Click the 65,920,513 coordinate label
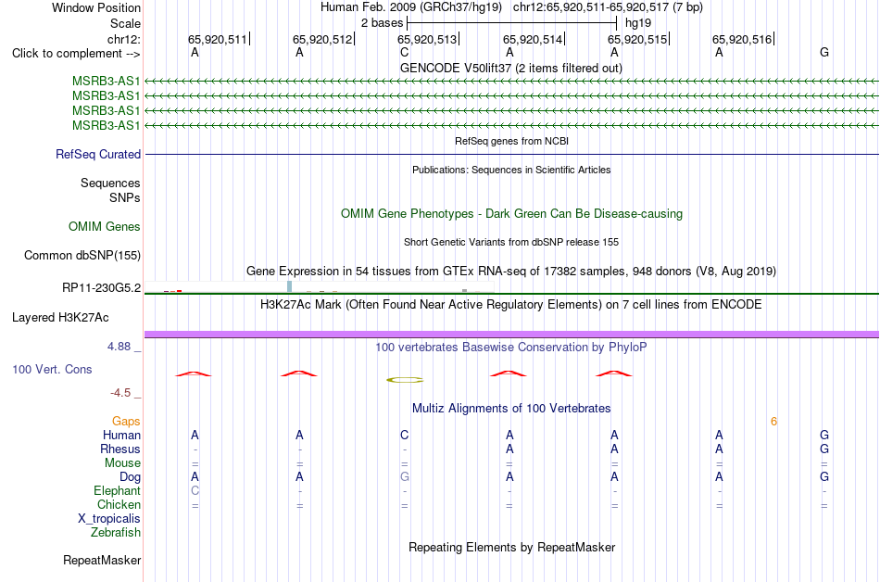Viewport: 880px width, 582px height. coord(427,39)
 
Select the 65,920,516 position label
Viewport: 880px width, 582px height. coord(742,39)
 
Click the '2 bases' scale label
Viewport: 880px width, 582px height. coord(382,23)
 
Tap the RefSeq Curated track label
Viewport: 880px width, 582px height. coord(98,155)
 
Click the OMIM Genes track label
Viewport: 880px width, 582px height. coord(105,226)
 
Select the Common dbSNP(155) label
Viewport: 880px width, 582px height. coord(82,256)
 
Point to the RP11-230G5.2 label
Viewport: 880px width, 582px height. coord(102,288)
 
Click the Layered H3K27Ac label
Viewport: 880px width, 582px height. coord(60,318)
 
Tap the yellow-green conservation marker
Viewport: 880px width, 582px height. coord(405,380)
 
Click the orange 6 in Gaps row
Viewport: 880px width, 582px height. coord(773,422)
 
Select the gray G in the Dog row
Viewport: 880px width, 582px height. coord(405,477)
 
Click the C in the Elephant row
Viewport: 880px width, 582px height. coord(195,491)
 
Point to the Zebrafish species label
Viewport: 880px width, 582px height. coord(116,532)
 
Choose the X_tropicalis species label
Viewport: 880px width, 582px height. coord(109,519)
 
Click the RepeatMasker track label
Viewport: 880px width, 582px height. coord(102,560)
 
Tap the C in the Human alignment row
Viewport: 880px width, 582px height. coord(405,435)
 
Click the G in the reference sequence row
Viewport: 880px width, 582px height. coord(824,52)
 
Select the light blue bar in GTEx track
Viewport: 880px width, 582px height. coord(290,286)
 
